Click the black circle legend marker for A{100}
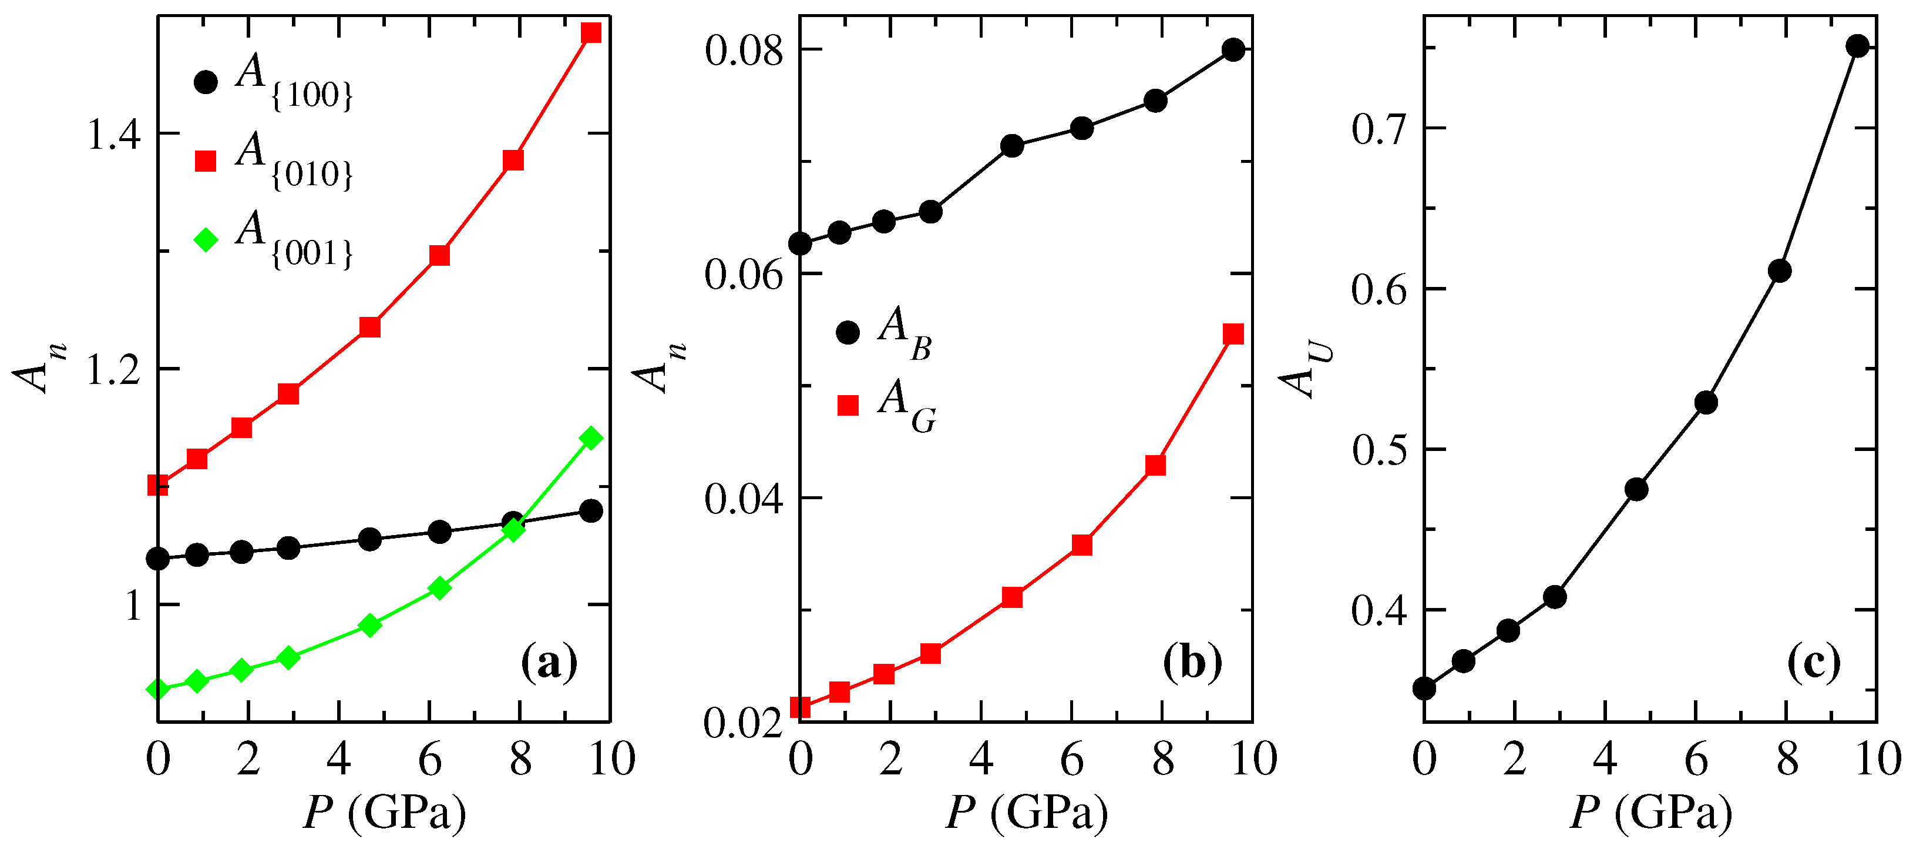tap(206, 82)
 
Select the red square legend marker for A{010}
tap(206, 161)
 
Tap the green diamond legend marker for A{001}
tap(206, 239)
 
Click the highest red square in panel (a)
tap(591, 33)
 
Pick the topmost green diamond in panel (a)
tap(591, 437)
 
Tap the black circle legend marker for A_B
tap(848, 332)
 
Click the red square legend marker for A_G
tap(848, 405)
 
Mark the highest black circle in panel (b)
tap(1233, 51)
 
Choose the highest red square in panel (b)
tap(1233, 333)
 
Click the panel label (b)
tap(1192, 663)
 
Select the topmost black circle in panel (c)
tap(1857, 46)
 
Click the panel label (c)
tap(1814, 663)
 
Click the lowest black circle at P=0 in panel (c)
tap(1424, 688)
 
